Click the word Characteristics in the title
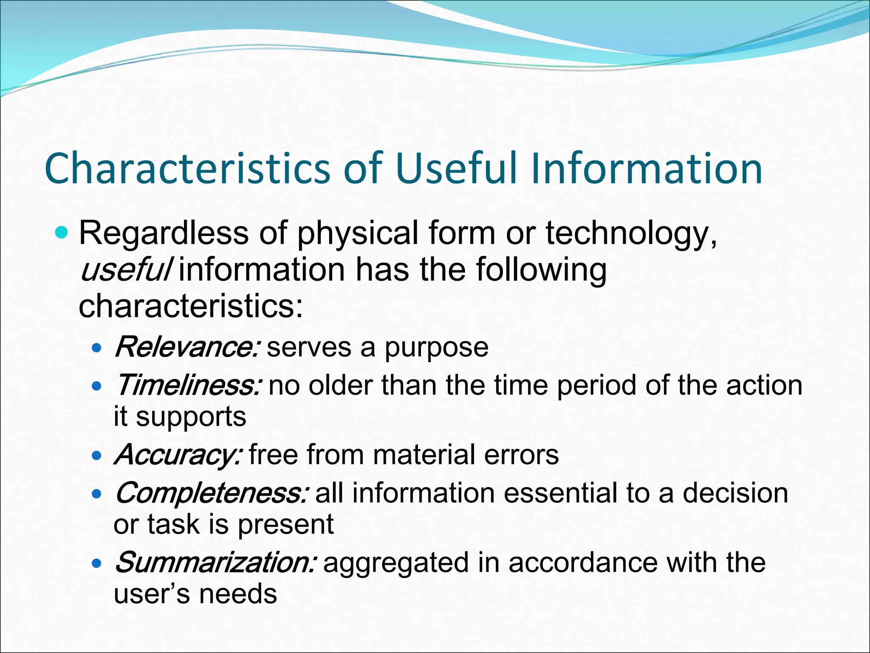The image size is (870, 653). coord(187,169)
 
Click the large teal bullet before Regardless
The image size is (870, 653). coord(62,233)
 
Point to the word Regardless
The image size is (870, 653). coord(164,234)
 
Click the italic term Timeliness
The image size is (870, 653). coord(187,385)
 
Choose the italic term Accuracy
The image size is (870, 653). coord(178,455)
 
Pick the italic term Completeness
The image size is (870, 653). coord(211,493)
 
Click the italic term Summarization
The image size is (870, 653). coord(215,562)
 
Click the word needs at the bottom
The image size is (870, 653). coord(238,594)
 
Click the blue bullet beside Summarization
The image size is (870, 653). coord(97,564)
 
